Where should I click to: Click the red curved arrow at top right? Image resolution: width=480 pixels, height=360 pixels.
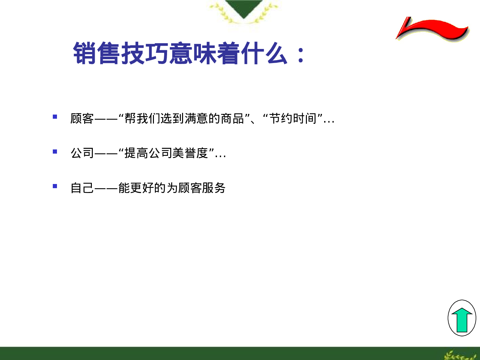coord(432,29)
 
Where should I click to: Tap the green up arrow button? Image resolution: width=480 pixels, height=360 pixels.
coord(462,319)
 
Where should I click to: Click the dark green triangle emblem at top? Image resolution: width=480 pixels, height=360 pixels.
coord(244,8)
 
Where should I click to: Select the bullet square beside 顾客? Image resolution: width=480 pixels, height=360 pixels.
coord(55,117)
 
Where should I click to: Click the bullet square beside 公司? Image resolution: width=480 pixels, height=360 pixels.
coord(55,152)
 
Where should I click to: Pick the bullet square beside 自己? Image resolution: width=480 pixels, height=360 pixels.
coord(55,186)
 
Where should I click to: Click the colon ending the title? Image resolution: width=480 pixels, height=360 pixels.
coord(300,55)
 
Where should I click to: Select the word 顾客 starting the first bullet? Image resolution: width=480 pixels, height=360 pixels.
coord(82,119)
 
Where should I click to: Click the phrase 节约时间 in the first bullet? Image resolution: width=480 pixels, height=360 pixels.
coord(293,119)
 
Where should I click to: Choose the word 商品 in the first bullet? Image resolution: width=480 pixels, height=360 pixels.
coord(232,119)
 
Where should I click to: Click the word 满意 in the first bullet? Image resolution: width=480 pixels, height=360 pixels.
coord(196,119)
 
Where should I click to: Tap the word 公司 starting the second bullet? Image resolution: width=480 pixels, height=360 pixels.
coord(82,153)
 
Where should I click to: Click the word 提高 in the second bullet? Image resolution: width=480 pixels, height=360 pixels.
coord(136,153)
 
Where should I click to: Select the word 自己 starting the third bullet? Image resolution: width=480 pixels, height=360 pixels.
coord(82,188)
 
